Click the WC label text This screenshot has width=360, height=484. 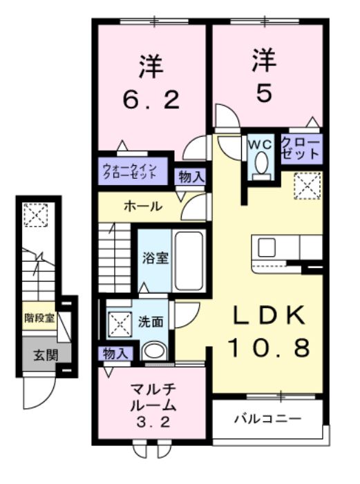pos(260,144)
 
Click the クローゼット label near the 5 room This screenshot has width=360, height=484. pos(301,147)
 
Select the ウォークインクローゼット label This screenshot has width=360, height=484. pos(133,170)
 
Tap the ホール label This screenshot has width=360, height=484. pos(142,206)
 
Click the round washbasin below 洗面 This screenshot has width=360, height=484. pos(154,351)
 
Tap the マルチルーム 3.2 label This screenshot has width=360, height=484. pos(151,407)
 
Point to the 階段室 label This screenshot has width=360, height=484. pos(39,318)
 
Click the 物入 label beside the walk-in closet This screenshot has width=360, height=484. pos(191,176)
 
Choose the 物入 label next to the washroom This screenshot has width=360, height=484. pos(115,354)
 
